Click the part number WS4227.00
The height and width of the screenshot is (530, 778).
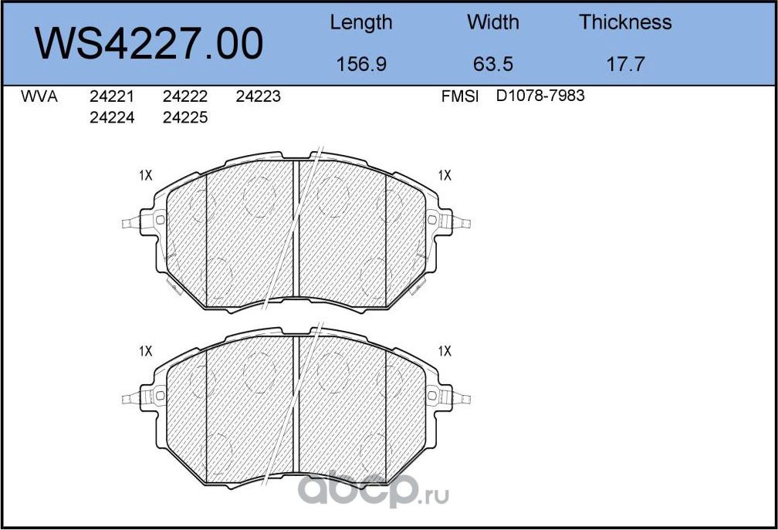pyautogui.click(x=150, y=44)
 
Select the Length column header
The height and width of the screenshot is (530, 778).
pyautogui.click(x=360, y=22)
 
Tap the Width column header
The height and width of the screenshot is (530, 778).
pyautogui.click(x=492, y=22)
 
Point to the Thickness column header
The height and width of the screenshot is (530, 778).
pyautogui.click(x=625, y=22)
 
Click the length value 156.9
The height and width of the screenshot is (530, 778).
pyautogui.click(x=360, y=64)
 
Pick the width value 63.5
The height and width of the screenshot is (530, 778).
pyautogui.click(x=492, y=64)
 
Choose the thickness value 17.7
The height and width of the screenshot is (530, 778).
pyautogui.click(x=625, y=64)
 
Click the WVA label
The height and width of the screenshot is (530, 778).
pyautogui.click(x=39, y=97)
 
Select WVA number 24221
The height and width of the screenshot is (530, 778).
pyautogui.click(x=112, y=97)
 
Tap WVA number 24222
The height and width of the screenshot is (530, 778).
pyautogui.click(x=185, y=97)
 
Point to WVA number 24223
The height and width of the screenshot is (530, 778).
pyautogui.click(x=258, y=97)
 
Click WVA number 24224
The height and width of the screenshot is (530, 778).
pyautogui.click(x=112, y=118)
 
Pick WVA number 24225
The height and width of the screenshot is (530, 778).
pyautogui.click(x=185, y=118)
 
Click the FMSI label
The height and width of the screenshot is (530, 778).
pyautogui.click(x=460, y=97)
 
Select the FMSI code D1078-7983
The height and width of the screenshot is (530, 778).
pyautogui.click(x=540, y=96)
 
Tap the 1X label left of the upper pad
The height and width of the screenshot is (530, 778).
pyautogui.click(x=145, y=176)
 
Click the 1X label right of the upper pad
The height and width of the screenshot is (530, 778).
pyautogui.click(x=444, y=176)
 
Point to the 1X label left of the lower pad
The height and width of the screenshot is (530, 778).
pyautogui.click(x=145, y=351)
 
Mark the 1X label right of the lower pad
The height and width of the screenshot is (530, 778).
pyautogui.click(x=444, y=351)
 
